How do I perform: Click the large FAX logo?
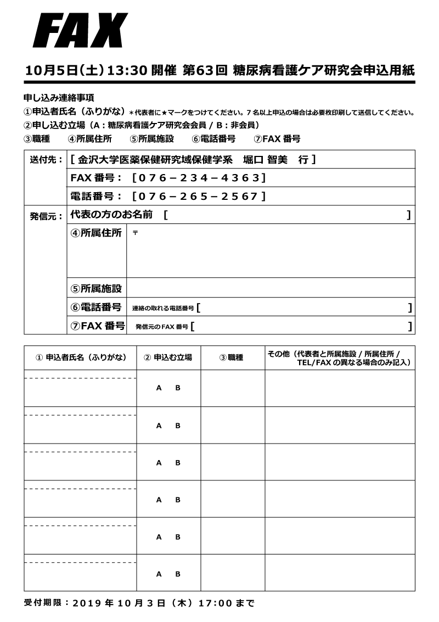tap(80, 31)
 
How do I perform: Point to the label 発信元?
tap(45, 216)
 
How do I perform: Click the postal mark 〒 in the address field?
tap(135, 233)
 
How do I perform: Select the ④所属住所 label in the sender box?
tap(96, 233)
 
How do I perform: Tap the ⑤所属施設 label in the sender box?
tap(96, 288)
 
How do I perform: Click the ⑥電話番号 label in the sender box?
tap(96, 307)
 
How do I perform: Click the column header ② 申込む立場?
tap(168, 357)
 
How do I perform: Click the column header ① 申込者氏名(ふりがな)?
tap(80, 357)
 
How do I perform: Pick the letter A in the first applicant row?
tap(159, 388)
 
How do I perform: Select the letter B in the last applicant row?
tap(178, 574)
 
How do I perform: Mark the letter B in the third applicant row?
tap(178, 463)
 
